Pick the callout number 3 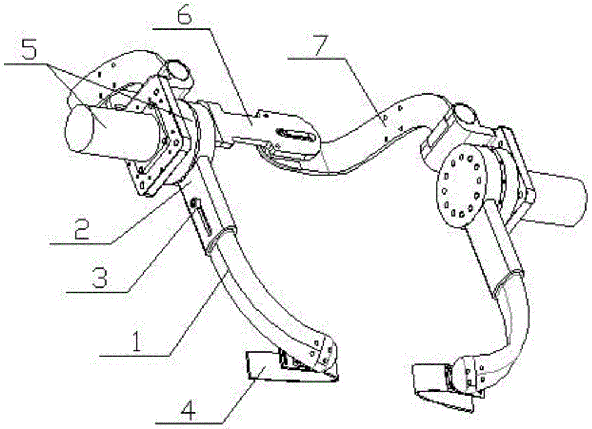(x=99, y=278)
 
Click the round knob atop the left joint (x=178, y=70)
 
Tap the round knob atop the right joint (x=465, y=113)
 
